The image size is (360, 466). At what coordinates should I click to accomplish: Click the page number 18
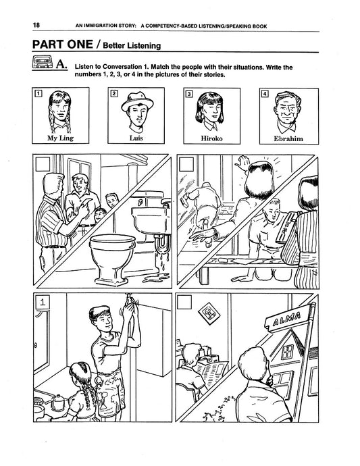(36, 25)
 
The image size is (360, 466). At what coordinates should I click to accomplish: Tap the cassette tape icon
(43, 62)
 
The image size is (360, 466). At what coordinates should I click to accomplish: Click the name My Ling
(60, 138)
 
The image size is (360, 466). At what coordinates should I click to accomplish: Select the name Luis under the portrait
(136, 138)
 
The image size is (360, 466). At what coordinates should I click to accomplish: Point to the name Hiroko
(211, 138)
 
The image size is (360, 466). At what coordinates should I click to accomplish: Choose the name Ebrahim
(288, 139)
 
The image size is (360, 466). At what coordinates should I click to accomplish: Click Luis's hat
(137, 101)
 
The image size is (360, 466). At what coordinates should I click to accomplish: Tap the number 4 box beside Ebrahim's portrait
(264, 94)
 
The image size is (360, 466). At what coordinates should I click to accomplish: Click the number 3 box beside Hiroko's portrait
(188, 94)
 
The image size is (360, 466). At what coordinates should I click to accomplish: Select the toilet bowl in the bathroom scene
(113, 258)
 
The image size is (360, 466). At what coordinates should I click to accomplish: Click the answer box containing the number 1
(43, 302)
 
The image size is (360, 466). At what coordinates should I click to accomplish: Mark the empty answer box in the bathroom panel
(43, 164)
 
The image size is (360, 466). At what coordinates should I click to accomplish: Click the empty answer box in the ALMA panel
(184, 302)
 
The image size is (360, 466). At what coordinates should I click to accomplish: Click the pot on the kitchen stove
(58, 403)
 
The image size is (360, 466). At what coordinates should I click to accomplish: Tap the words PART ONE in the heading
(62, 45)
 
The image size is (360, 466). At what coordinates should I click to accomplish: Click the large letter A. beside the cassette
(61, 64)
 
